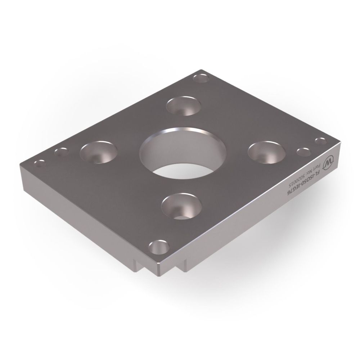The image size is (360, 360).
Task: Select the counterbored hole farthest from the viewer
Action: pyautogui.click(x=184, y=106)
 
